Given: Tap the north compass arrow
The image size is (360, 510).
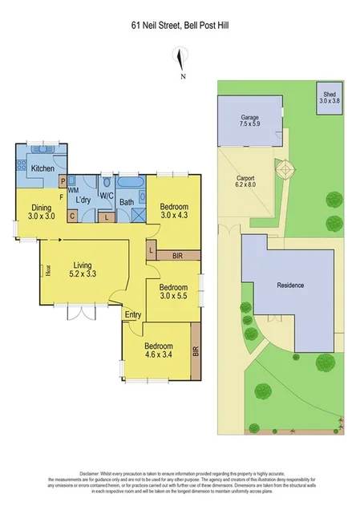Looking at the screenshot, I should pyautogui.click(x=183, y=61).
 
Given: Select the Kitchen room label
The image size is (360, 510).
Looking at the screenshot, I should pyautogui.click(x=42, y=168).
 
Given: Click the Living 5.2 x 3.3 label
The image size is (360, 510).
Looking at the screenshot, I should pyautogui.click(x=83, y=270).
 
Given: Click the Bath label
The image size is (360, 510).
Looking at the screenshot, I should pyautogui.click(x=127, y=202).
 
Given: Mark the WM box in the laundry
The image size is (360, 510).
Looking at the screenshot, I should pyautogui.click(x=72, y=190).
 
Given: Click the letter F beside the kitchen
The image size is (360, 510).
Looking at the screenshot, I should pyautogui.click(x=61, y=196).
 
